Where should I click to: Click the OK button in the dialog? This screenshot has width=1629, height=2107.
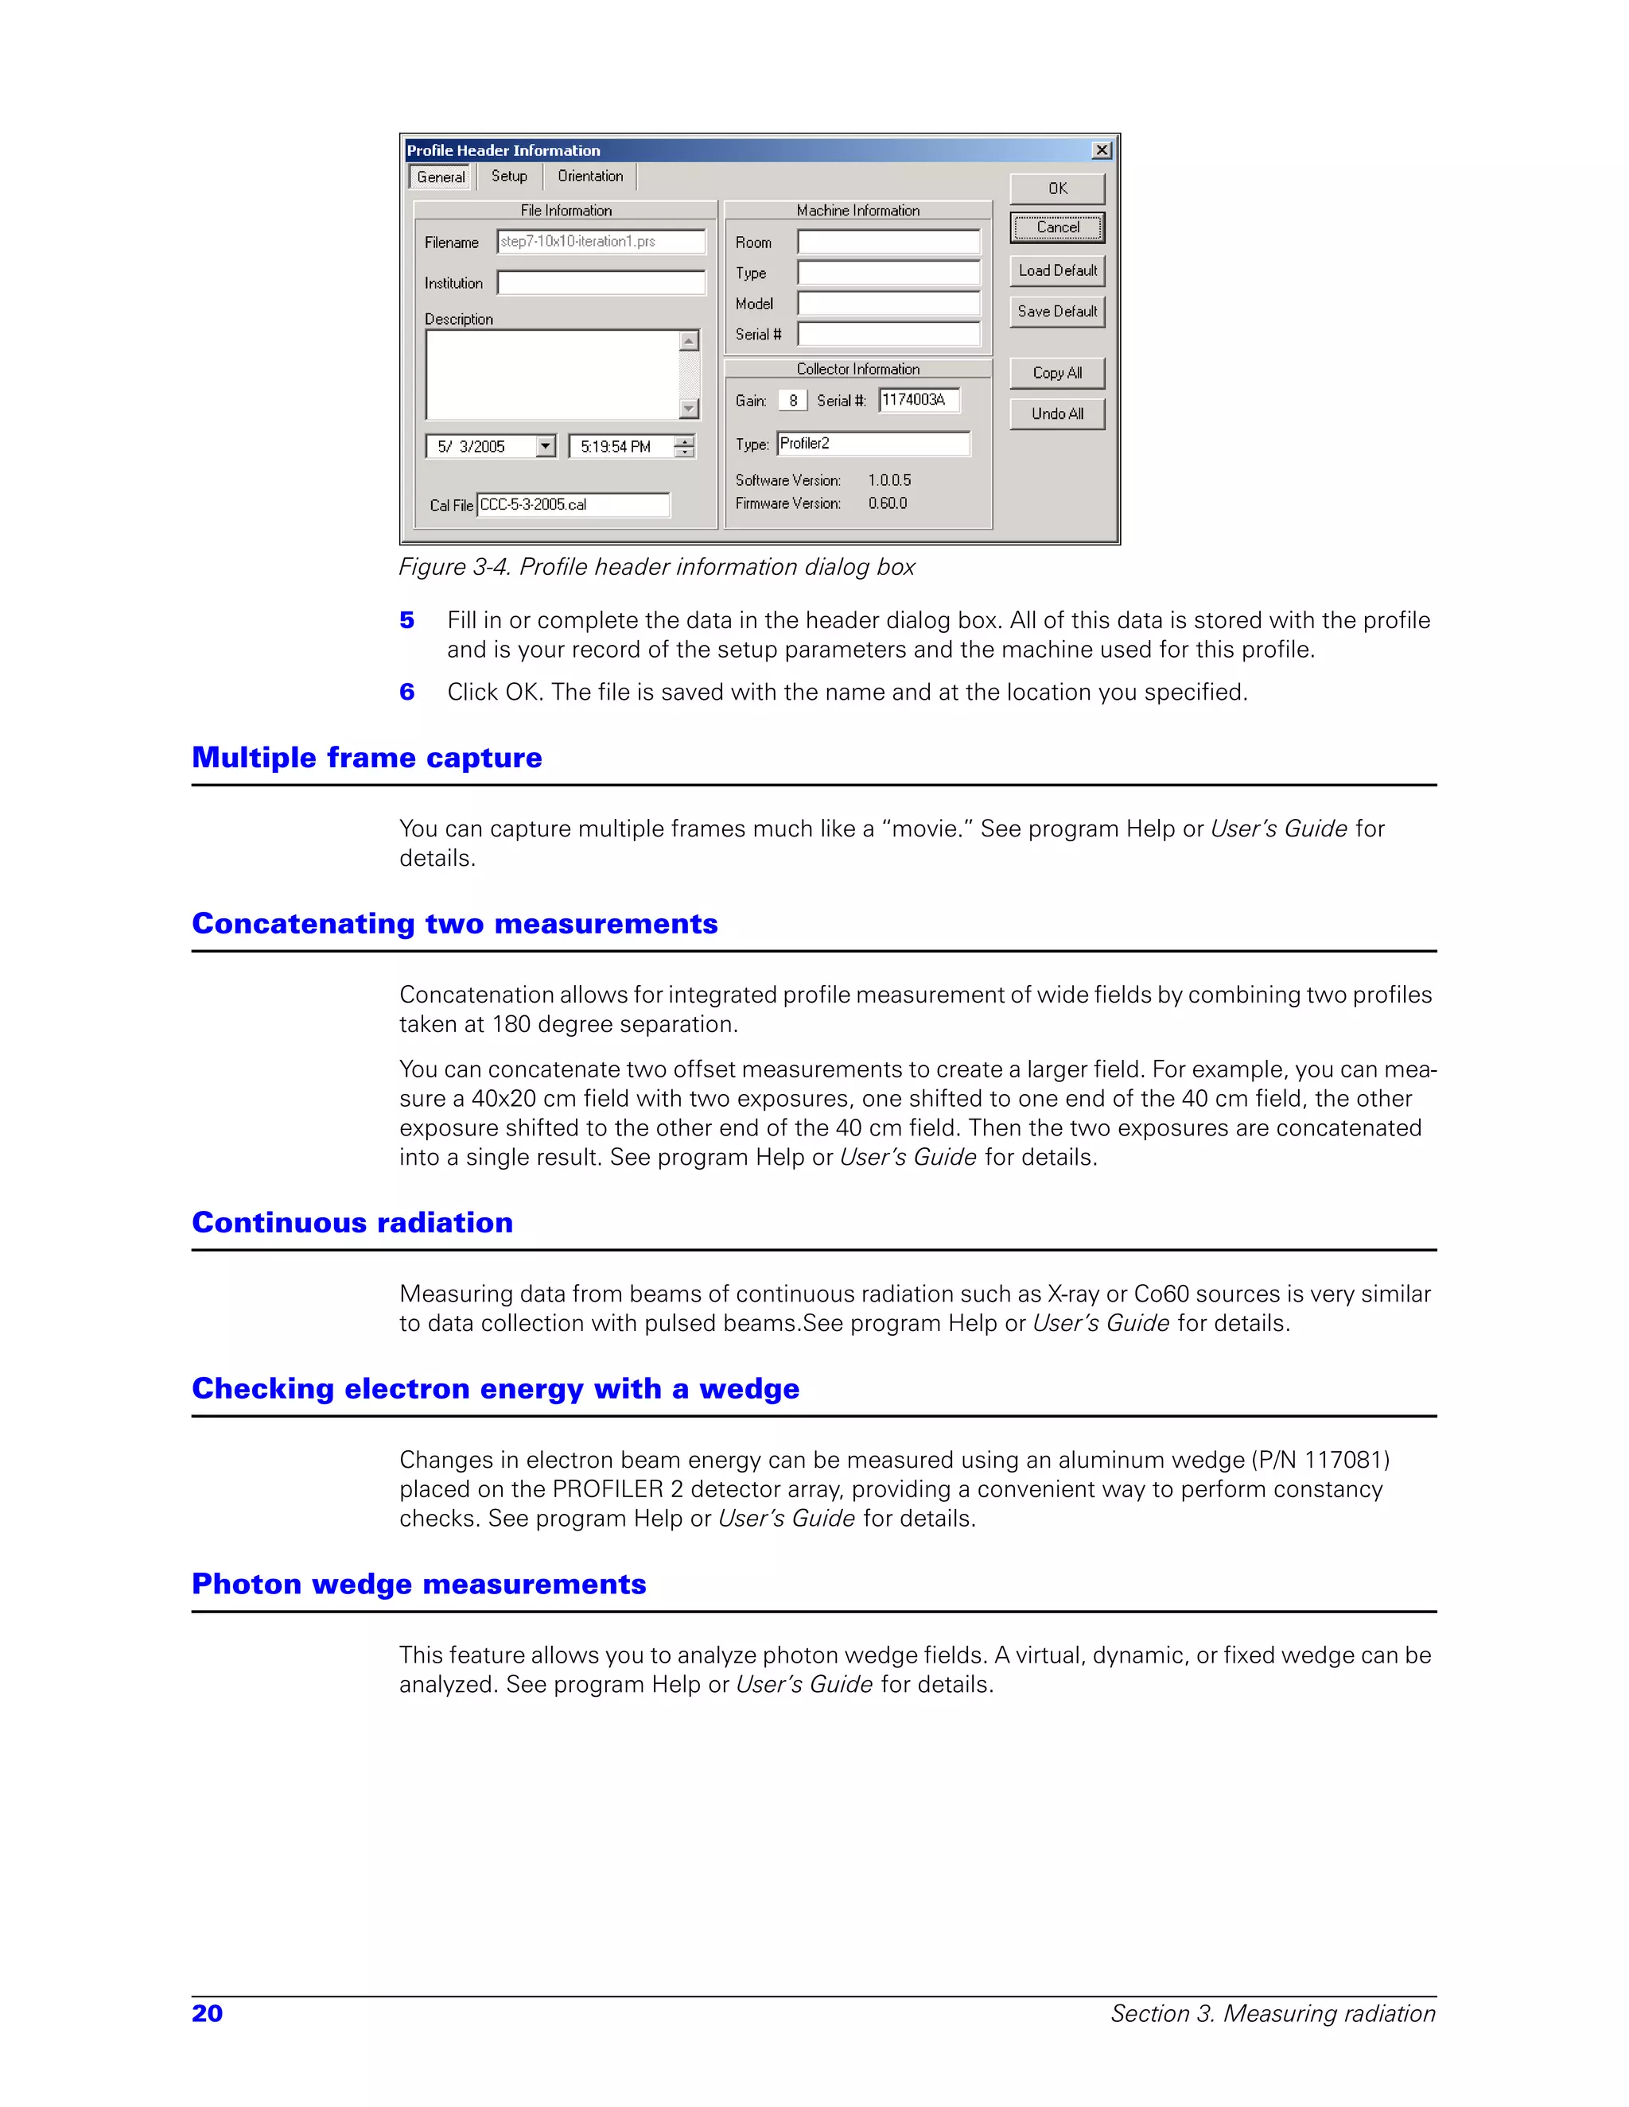1057,189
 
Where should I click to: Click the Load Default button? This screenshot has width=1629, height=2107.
1057,271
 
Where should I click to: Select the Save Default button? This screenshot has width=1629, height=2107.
1057,312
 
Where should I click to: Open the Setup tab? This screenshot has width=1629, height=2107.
508,177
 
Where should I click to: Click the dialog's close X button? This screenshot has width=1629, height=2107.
1101,150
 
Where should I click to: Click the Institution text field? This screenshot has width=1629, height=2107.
601,283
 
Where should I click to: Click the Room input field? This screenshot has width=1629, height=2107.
888,243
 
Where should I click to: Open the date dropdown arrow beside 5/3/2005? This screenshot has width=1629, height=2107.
545,447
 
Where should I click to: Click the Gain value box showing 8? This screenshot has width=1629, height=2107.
792,401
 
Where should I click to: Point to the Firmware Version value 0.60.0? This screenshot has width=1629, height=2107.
887,503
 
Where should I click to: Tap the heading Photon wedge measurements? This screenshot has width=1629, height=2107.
419,1584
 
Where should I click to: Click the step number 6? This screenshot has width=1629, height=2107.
407,693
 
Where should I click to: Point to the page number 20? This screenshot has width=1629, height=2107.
208,2013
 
